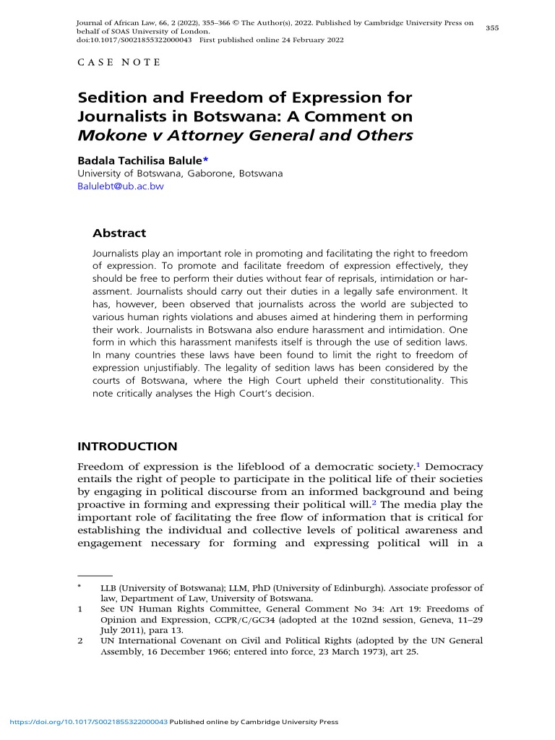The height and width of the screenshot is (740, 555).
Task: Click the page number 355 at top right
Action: [x=491, y=27]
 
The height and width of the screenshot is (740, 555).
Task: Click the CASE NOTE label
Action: [x=119, y=63]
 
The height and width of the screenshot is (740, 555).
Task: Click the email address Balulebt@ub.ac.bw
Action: [x=121, y=186]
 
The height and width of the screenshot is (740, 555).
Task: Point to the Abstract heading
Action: [x=119, y=233]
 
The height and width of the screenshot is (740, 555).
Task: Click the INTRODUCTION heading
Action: [x=126, y=446]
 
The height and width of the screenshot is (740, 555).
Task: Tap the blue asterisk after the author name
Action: [x=205, y=160]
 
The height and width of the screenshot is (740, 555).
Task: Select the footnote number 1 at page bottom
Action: [x=80, y=609]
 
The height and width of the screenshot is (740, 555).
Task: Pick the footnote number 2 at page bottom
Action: [x=80, y=640]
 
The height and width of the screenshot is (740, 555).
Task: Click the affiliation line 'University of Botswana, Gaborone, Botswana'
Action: [x=180, y=173]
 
